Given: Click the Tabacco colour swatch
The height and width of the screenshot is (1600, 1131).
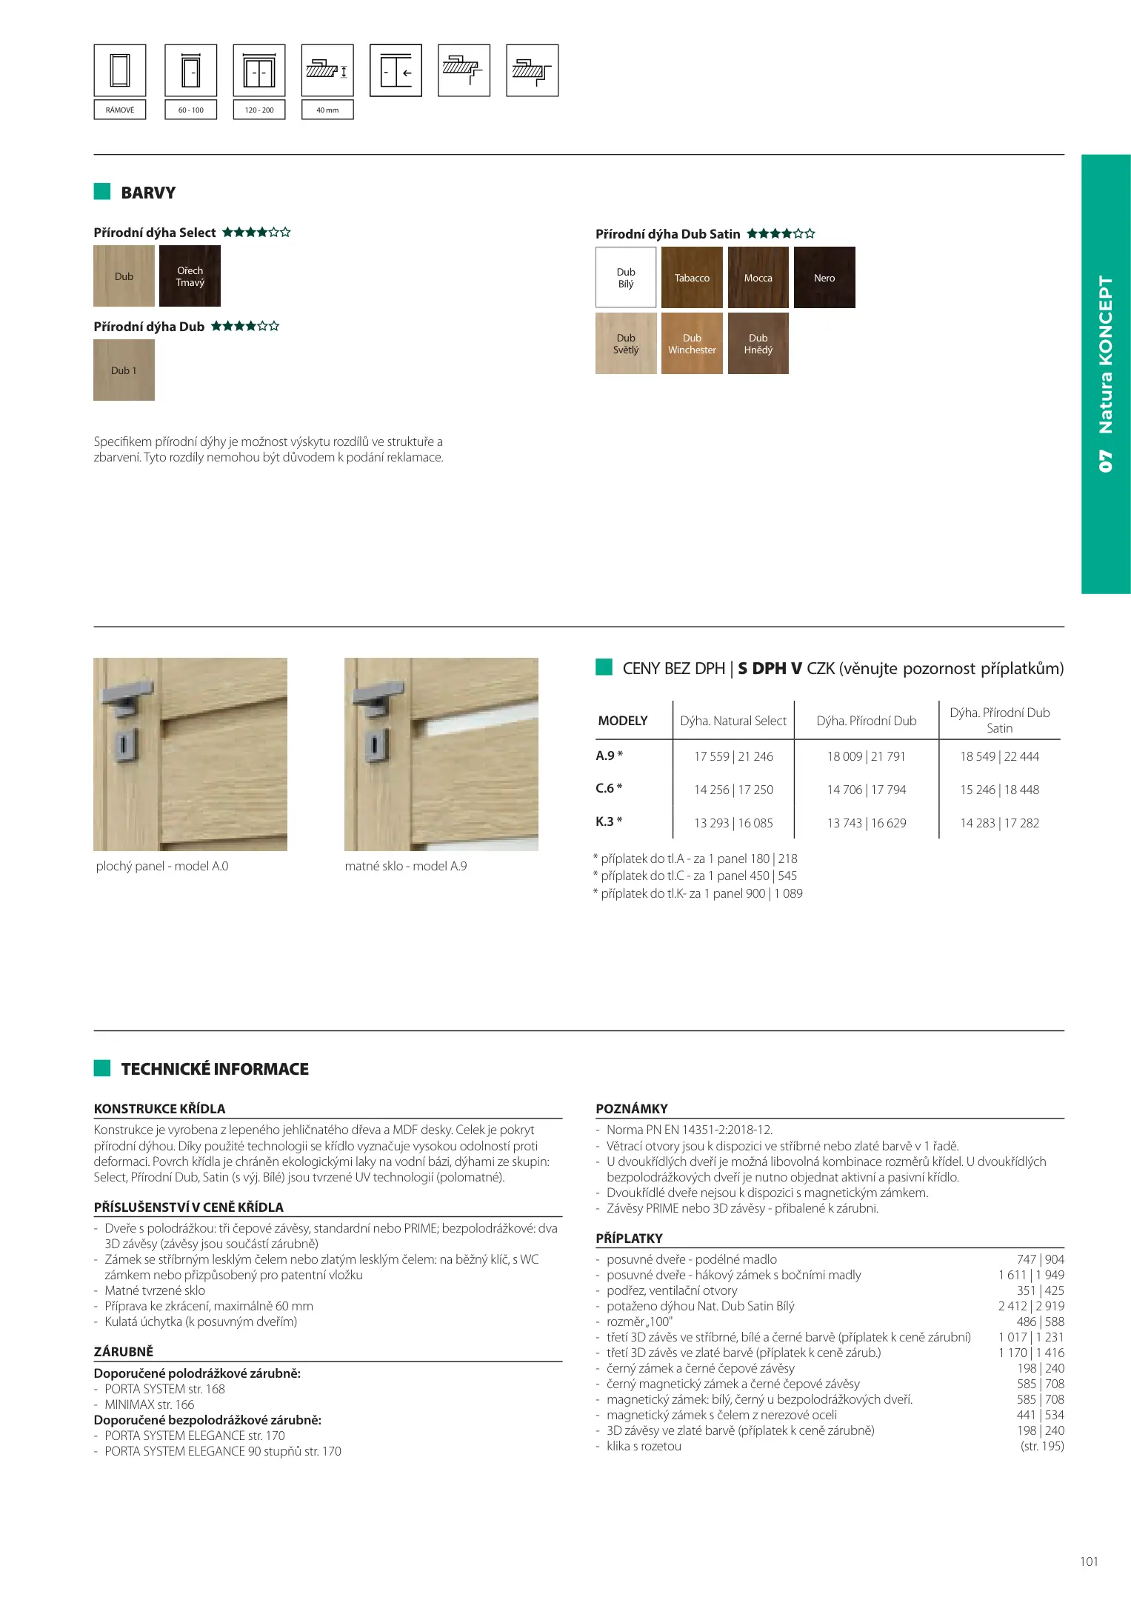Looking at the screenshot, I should click(x=692, y=278).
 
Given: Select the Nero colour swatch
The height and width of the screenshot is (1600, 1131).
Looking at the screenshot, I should click(x=824, y=278).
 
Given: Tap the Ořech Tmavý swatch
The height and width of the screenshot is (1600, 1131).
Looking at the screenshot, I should click(x=190, y=276).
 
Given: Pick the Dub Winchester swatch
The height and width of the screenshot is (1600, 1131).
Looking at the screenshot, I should click(x=692, y=344).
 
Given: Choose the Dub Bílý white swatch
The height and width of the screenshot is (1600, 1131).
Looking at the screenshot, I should click(x=626, y=278).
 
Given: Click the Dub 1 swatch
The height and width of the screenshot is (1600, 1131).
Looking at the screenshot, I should click(x=124, y=370).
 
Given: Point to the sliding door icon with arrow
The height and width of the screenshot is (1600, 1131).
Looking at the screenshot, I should click(x=396, y=71).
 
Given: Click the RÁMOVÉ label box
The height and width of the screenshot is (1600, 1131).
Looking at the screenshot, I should click(x=120, y=110).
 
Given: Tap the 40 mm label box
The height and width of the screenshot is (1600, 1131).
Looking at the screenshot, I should click(x=327, y=110).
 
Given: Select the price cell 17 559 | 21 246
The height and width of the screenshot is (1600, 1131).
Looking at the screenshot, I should click(x=733, y=756).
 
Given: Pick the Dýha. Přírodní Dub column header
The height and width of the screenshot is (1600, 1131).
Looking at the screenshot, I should click(x=867, y=721).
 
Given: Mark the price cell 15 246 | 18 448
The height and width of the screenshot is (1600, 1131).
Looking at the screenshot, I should click(x=999, y=790).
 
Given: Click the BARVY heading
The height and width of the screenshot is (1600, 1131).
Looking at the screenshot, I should click(x=148, y=193).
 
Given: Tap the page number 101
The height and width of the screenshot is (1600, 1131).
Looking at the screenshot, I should click(x=1089, y=1561).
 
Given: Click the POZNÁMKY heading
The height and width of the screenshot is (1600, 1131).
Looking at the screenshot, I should click(x=632, y=1109).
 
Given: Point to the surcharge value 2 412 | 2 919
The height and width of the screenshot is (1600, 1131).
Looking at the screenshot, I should click(x=1030, y=1306).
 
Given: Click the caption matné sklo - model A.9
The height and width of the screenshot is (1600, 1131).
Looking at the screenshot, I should click(x=406, y=866).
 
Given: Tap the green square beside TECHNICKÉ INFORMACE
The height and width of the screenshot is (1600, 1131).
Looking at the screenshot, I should click(x=102, y=1068).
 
